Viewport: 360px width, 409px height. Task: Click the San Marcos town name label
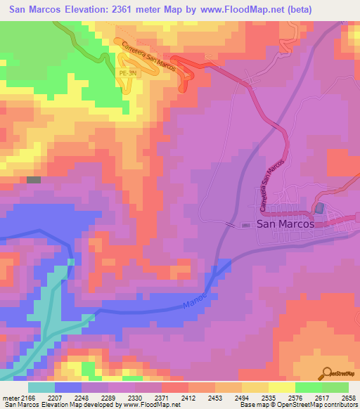[x=285, y=225]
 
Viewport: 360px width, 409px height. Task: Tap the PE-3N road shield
[x=127, y=72]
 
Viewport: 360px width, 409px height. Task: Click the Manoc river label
[x=196, y=298]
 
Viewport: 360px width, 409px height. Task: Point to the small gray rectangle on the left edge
[x=34, y=180]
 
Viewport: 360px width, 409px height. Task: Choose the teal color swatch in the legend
[x=41, y=387]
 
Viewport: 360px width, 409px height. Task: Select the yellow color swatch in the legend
[x=281, y=387]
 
